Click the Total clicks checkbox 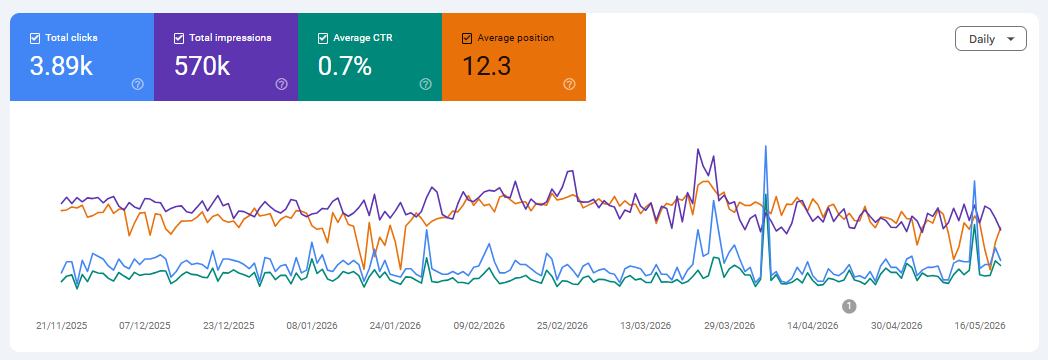pyautogui.click(x=35, y=38)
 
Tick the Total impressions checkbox pyautogui.click(x=178, y=38)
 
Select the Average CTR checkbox pyautogui.click(x=323, y=38)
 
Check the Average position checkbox pyautogui.click(x=467, y=38)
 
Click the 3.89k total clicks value pyautogui.click(x=61, y=66)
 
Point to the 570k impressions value pyautogui.click(x=202, y=66)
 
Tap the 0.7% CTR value pyautogui.click(x=344, y=66)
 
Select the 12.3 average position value pyautogui.click(x=487, y=66)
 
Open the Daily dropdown pyautogui.click(x=991, y=39)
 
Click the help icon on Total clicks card pyautogui.click(x=138, y=84)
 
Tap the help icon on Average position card pyautogui.click(x=569, y=84)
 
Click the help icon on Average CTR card pyautogui.click(x=425, y=84)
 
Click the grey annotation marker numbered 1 pyautogui.click(x=849, y=306)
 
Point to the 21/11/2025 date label pyautogui.click(x=61, y=326)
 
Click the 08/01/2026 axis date pyautogui.click(x=312, y=326)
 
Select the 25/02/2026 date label pyautogui.click(x=563, y=326)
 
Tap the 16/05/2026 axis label pyautogui.click(x=980, y=326)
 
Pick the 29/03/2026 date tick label pyautogui.click(x=730, y=326)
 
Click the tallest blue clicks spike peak pyautogui.click(x=765, y=146)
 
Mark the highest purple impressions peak pyautogui.click(x=698, y=149)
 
